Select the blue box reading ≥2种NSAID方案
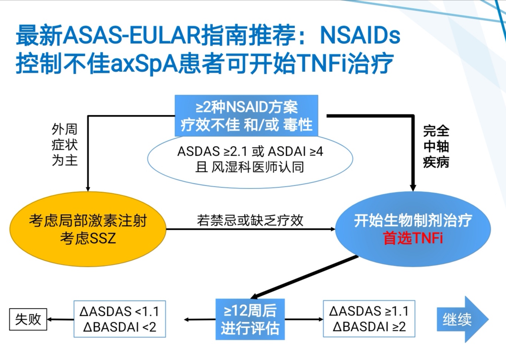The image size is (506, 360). pos(246,116)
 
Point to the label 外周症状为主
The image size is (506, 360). pos(65,145)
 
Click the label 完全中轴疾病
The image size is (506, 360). pos(436,147)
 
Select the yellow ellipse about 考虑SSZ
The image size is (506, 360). pos(88,229)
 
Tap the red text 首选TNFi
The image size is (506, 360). pos(413,238)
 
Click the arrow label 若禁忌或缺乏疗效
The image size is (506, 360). pos(250,221)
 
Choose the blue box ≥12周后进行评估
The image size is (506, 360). pos(250,319)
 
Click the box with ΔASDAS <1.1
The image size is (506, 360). pos(120,319)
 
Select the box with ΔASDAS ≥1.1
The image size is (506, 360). pos(369,319)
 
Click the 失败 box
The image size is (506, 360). pos(28,319)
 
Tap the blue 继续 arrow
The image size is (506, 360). pos(463,319)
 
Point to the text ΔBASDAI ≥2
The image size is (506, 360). pos(369,327)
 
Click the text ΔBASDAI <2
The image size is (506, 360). pos(120,327)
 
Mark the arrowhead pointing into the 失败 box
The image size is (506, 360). pos(49,319)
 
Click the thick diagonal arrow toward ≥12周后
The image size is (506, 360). pos(304,277)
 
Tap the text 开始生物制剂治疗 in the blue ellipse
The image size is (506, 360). pos(413,221)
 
